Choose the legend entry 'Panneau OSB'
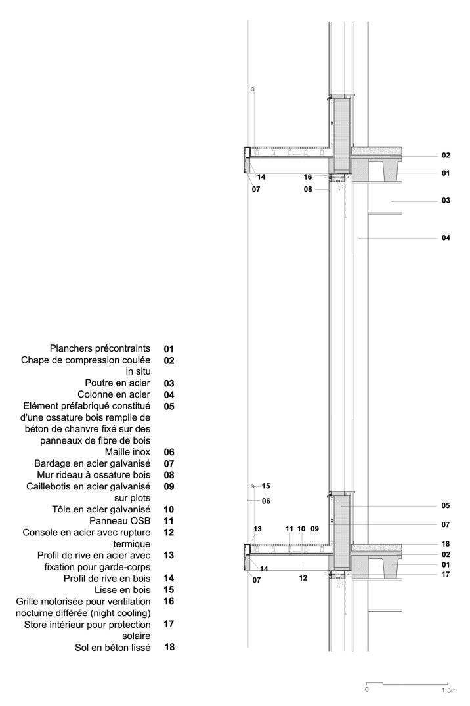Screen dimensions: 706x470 [121, 520]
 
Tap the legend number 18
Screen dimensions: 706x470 [169, 647]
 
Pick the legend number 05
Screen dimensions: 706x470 [169, 406]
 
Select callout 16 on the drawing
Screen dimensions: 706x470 [308, 177]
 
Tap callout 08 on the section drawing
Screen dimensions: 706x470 [308, 189]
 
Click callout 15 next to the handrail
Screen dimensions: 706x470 [266, 486]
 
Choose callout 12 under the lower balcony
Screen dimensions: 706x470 [303, 579]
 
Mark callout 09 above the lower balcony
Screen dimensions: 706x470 [314, 528]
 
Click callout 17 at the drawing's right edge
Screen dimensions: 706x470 [446, 574]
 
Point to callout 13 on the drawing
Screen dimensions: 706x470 [258, 528]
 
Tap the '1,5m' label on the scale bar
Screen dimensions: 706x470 [448, 690]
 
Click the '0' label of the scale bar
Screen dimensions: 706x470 [367, 690]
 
